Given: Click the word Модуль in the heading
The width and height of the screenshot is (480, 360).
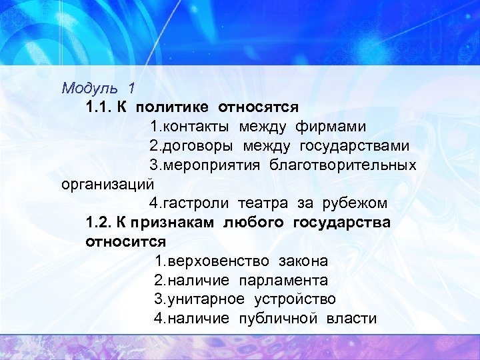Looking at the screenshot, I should (x=83, y=87).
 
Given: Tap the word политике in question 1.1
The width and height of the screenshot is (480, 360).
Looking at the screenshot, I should (x=169, y=107).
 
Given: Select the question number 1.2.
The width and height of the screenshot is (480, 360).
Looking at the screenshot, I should (x=99, y=222).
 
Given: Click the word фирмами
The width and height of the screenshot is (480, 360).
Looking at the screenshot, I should (x=330, y=126).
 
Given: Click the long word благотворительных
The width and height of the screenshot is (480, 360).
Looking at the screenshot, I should (x=343, y=164).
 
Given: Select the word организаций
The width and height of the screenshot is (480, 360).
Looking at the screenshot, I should (x=107, y=183).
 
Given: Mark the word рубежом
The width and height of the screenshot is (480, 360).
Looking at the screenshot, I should (x=355, y=203).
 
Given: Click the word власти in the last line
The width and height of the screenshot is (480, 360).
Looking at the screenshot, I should (x=351, y=318).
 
